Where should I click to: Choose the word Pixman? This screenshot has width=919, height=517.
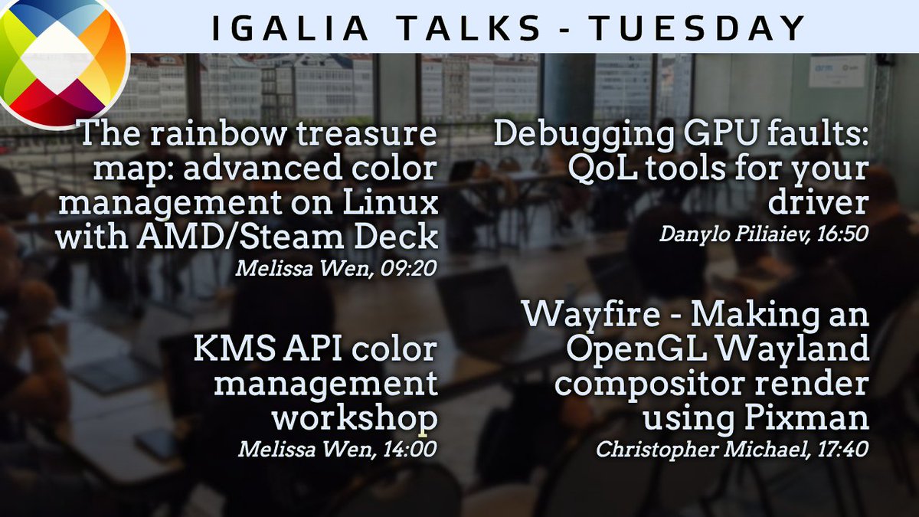pyautogui.click(x=816, y=417)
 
